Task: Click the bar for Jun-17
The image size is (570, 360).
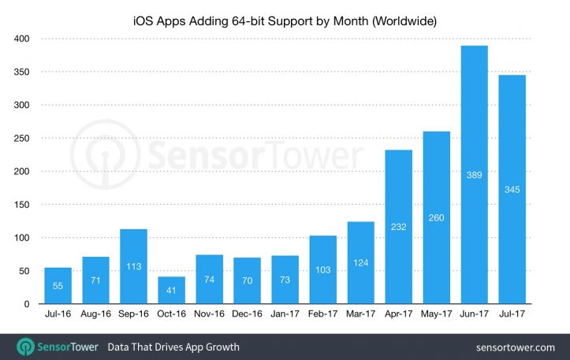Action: pyautogui.click(x=474, y=175)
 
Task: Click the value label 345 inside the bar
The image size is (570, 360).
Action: pyautogui.click(x=512, y=190)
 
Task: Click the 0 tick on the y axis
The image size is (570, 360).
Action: pyautogui.click(x=26, y=304)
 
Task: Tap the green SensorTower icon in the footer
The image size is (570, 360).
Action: pyautogui.click(x=25, y=347)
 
